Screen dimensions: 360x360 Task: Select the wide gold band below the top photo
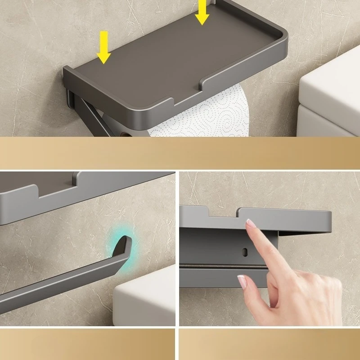tap(180, 153)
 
